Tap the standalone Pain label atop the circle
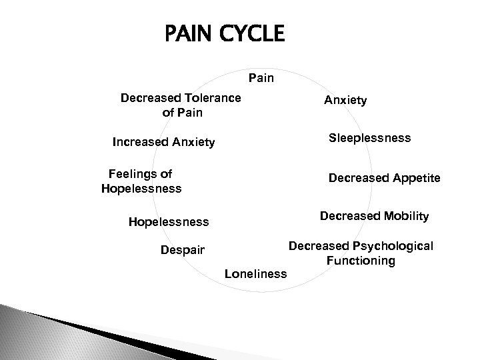tap(261, 79)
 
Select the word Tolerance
tap(208, 99)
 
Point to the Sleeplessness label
tap(370, 138)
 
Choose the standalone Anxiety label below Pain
tap(345, 100)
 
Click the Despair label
tap(183, 251)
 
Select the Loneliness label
tap(255, 273)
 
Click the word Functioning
tap(361, 261)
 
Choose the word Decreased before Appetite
tap(357, 178)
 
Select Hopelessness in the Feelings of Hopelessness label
tap(141, 189)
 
